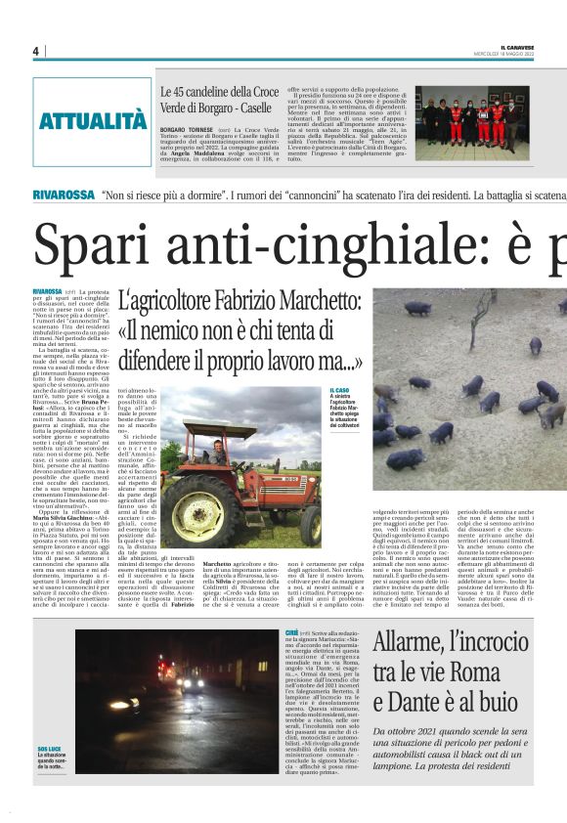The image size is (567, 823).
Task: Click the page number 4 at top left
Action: pos(35,51)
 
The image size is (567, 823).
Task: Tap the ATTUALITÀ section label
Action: pos(93,121)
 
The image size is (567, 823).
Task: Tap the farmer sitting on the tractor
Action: pos(217,452)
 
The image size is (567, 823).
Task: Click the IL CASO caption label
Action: pos(340,389)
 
